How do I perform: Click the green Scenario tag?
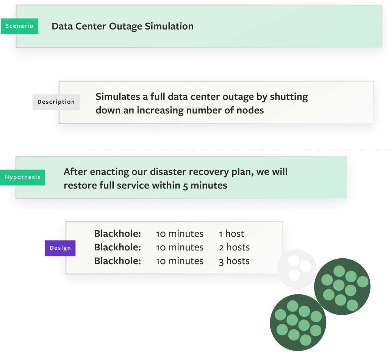pos(19,26)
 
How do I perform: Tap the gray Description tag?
pos(56,102)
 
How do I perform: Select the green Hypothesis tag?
pos(23,178)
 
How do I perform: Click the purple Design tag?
pos(60,248)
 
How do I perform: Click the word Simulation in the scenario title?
pos(172,26)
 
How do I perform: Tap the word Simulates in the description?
pos(117,97)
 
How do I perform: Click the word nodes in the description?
pos(250,110)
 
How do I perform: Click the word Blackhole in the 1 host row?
pos(117,234)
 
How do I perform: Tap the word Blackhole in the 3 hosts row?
pos(117,261)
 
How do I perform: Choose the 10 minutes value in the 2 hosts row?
pos(180,247)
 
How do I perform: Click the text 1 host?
pos(231,234)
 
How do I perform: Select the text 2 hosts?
pos(234,247)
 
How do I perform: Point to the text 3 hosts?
pos(234,261)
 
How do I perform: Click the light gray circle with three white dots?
pos(297,269)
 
